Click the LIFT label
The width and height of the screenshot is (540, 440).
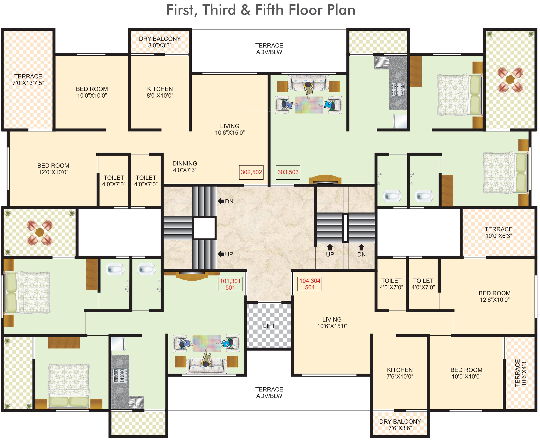click(x=269, y=326)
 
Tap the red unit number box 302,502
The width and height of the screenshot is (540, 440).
click(x=251, y=172)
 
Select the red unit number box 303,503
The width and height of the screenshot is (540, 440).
click(x=288, y=172)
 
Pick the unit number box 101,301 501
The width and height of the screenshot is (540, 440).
click(x=230, y=284)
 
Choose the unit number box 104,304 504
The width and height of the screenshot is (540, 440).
click(x=310, y=284)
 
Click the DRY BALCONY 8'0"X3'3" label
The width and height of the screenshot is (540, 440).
click(x=160, y=42)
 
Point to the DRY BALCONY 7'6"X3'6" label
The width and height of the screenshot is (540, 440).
click(x=400, y=425)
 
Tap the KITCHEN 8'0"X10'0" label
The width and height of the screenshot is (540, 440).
click(x=160, y=92)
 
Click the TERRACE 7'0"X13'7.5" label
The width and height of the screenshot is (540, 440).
click(x=28, y=80)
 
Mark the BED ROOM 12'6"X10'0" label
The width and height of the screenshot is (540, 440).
click(x=495, y=297)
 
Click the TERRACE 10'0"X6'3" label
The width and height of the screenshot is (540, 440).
click(x=499, y=232)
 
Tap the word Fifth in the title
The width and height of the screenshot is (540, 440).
click(x=269, y=10)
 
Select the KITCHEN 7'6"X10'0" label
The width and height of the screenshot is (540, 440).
click(x=400, y=373)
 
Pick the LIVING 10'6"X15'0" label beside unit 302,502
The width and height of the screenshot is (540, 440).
click(x=230, y=129)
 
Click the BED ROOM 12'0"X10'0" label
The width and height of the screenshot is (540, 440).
click(x=53, y=169)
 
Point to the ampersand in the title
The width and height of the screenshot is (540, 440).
click(x=245, y=10)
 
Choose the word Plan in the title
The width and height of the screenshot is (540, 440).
click(x=341, y=10)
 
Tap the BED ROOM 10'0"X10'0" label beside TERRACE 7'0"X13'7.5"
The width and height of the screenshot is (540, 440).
click(x=92, y=92)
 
